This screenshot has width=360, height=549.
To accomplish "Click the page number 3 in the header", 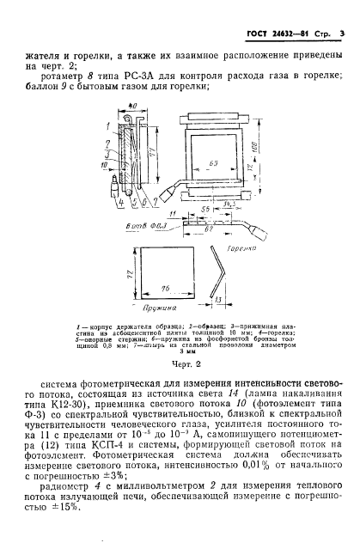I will [342, 34].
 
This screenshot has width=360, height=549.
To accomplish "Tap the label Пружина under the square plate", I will [160, 304].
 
